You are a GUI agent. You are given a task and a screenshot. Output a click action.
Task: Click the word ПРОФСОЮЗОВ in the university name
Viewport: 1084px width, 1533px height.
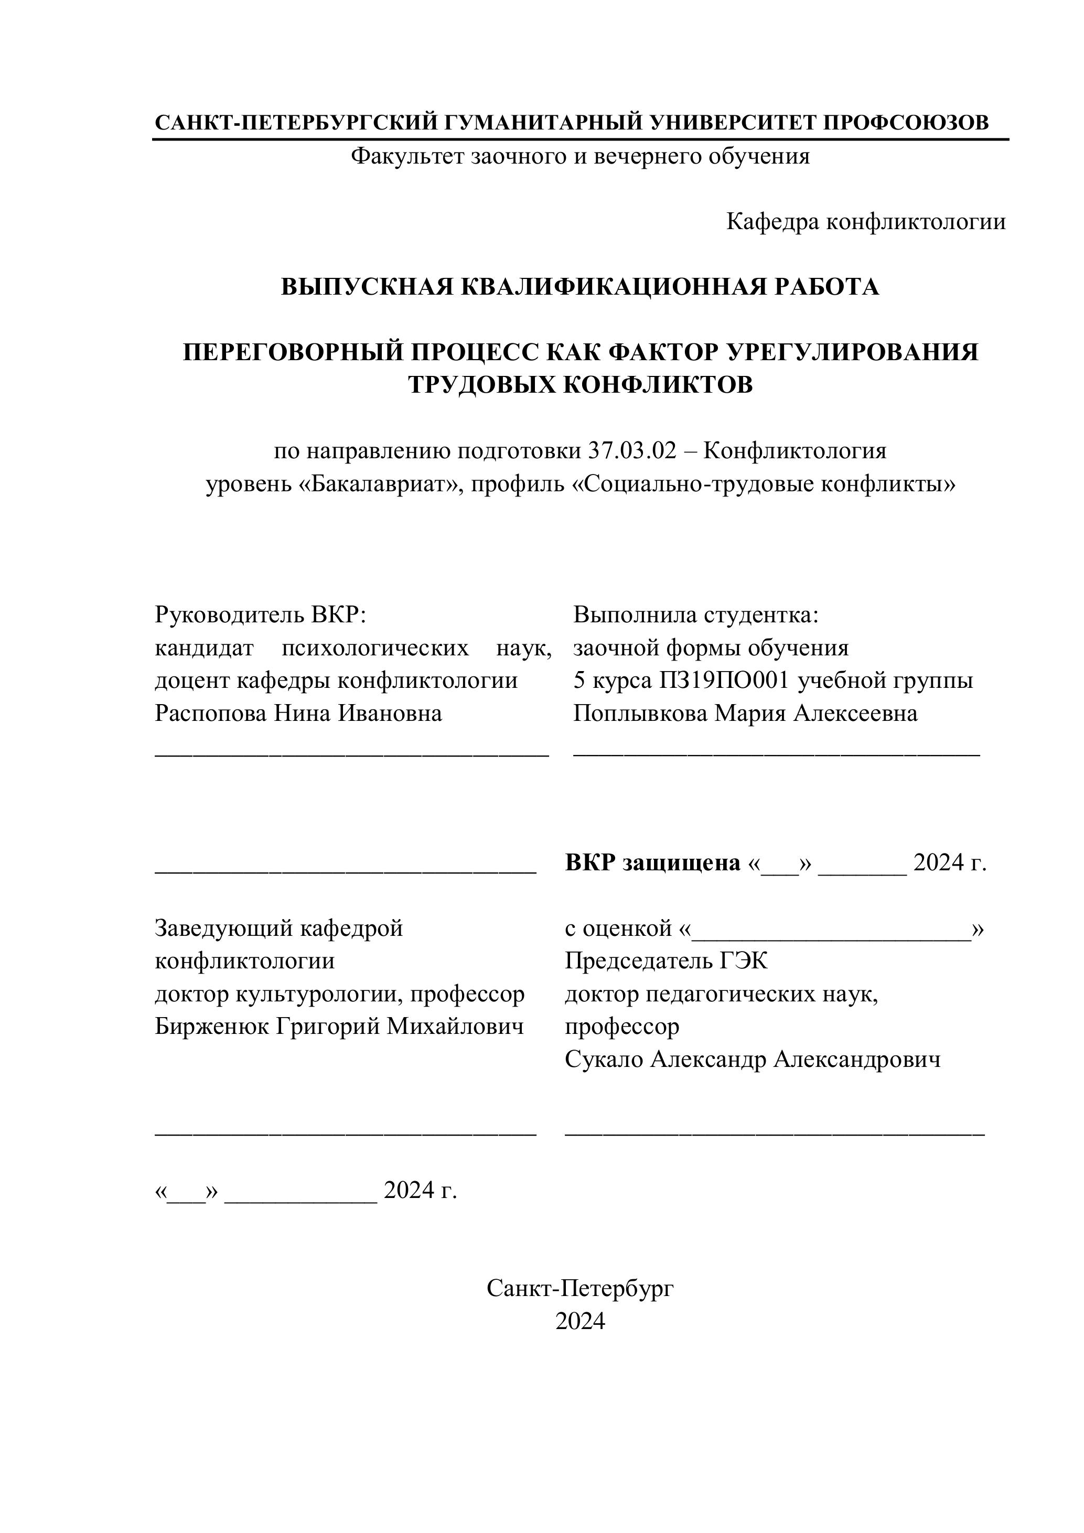(x=905, y=123)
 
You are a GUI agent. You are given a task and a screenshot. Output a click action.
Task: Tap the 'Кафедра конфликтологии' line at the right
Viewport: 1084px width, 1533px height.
(x=866, y=222)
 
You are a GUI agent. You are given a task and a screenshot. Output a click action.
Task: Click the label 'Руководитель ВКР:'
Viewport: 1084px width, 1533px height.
(x=261, y=614)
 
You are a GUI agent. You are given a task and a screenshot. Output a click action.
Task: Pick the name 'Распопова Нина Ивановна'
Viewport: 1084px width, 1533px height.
(x=298, y=713)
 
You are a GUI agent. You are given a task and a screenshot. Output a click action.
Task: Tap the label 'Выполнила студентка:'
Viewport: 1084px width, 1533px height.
(x=695, y=614)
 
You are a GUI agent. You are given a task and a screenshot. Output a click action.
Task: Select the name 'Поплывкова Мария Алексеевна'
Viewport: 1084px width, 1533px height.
(x=745, y=713)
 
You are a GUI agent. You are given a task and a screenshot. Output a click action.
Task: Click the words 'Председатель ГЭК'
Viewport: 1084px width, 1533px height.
(x=666, y=961)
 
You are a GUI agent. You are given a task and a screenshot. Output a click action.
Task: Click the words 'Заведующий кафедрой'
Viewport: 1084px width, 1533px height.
(x=278, y=928)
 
